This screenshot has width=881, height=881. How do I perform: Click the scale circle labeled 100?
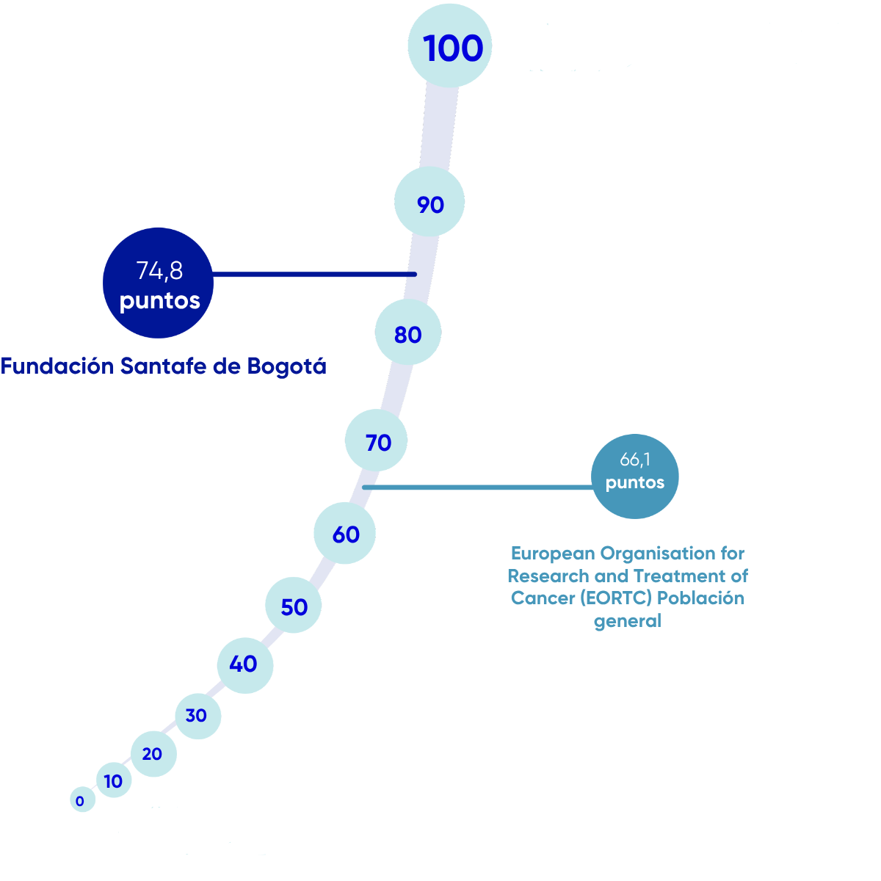pyautogui.click(x=449, y=46)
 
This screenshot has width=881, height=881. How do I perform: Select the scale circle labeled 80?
pyautogui.click(x=408, y=333)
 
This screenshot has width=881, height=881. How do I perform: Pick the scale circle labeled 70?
pyautogui.click(x=377, y=440)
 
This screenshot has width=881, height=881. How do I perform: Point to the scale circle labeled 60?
pyautogui.click(x=345, y=533)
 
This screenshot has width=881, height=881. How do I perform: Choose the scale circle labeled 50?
pyautogui.click(x=294, y=606)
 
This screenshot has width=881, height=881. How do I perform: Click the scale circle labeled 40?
pyautogui.click(x=244, y=664)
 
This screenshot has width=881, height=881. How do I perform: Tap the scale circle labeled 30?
pyautogui.click(x=197, y=715)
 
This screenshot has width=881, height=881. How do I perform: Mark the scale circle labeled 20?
pyautogui.click(x=153, y=753)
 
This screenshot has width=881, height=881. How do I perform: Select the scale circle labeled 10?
pyautogui.click(x=114, y=780)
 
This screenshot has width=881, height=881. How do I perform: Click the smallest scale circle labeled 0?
pyautogui.click(x=82, y=800)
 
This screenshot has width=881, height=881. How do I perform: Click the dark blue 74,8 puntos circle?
pyautogui.click(x=158, y=283)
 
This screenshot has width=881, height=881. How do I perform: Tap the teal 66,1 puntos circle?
pyautogui.click(x=634, y=476)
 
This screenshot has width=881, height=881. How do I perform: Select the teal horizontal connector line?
pyautogui.click(x=477, y=487)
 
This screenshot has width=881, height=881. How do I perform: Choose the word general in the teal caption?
pyautogui.click(x=628, y=621)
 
